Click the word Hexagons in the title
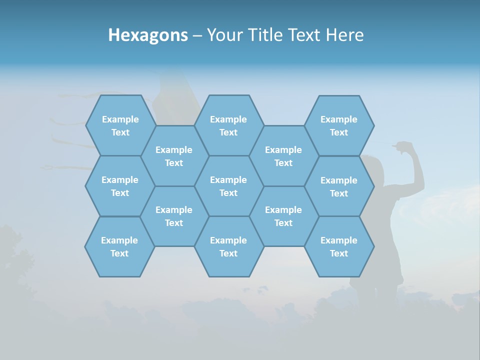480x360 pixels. (148, 35)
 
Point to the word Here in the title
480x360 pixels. (345, 35)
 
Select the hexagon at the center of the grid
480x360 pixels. (228, 186)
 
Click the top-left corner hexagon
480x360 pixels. (120, 125)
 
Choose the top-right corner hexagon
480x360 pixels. (339, 125)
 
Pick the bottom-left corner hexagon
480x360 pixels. (119, 246)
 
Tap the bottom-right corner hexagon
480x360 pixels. (339, 246)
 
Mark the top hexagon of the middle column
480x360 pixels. (228, 125)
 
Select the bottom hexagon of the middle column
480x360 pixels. (228, 246)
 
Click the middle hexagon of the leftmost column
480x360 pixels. (120, 186)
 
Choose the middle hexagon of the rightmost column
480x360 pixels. (339, 186)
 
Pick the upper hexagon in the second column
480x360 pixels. (174, 156)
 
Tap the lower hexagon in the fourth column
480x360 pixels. (283, 216)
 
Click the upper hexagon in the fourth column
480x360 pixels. (283, 156)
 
